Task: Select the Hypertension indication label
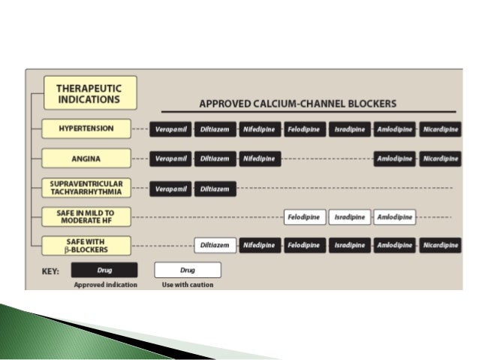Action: click(86, 129)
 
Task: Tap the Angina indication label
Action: click(86, 159)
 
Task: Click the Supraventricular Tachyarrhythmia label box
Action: click(86, 188)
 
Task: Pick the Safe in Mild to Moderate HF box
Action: click(86, 217)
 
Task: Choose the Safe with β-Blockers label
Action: click(86, 245)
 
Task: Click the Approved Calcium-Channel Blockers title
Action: click(298, 103)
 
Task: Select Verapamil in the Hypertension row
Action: click(170, 129)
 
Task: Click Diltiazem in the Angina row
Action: click(215, 159)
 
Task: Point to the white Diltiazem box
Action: click(215, 245)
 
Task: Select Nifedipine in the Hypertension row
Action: click(260, 129)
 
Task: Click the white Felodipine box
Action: click(305, 218)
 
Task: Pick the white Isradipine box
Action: click(350, 218)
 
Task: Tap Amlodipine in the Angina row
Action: click(395, 159)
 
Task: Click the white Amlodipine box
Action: click(395, 218)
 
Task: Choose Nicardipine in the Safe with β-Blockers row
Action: click(440, 245)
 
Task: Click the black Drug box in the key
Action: click(104, 270)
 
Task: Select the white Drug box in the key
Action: click(188, 270)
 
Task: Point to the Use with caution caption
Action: click(188, 285)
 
